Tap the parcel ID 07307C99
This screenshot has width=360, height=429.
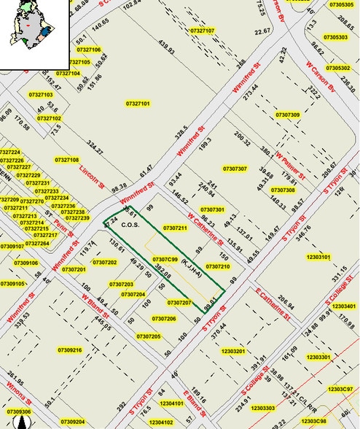pyautogui.click(x=165, y=259)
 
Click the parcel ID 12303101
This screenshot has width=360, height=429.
pyautogui.click(x=319, y=257)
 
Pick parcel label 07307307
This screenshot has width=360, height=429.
pyautogui.click(x=236, y=169)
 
